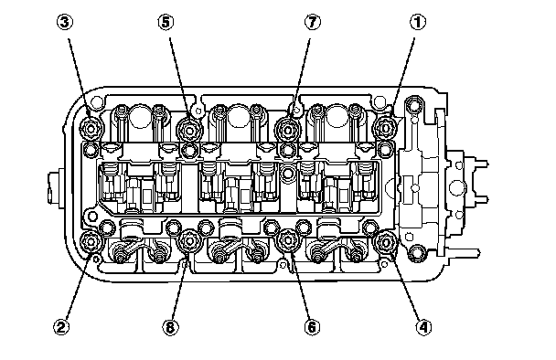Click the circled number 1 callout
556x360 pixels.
418,22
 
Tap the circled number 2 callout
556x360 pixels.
61,327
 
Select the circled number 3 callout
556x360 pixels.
65,22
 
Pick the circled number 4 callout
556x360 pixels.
423,327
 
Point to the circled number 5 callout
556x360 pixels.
166,22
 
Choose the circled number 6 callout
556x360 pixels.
312,327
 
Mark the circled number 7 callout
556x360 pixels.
312,22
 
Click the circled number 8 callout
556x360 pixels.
170,327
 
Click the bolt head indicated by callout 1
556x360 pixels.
386,128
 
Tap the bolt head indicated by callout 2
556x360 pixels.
91,242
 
